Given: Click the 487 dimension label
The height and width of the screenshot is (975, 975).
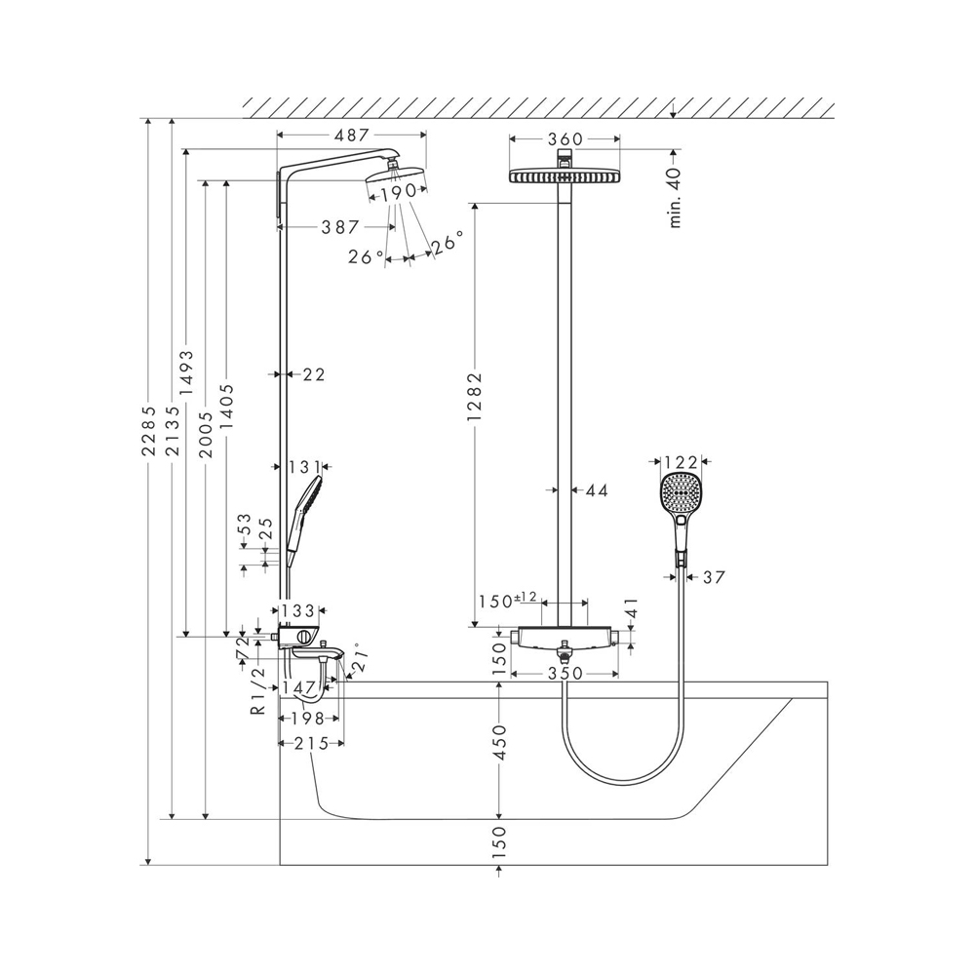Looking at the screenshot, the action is pyautogui.click(x=351, y=135).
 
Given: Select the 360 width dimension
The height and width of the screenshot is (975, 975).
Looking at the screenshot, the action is pyautogui.click(x=565, y=139).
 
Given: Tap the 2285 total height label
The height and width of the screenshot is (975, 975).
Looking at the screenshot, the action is pyautogui.click(x=149, y=431).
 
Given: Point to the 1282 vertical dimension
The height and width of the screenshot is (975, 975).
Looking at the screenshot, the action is pyautogui.click(x=476, y=396).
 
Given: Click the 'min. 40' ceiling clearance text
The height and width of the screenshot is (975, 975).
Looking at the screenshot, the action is pyautogui.click(x=676, y=197).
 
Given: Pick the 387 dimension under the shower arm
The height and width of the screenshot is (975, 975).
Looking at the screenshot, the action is pyautogui.click(x=340, y=227).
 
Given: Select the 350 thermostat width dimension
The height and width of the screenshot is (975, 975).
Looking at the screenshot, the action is pyautogui.click(x=565, y=674).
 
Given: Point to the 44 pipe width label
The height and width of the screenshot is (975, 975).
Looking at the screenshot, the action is pyautogui.click(x=597, y=490).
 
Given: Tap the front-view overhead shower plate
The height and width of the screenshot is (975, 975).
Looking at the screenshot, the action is pyautogui.click(x=565, y=175).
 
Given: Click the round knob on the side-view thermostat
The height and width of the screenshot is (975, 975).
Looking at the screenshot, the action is pyautogui.click(x=304, y=636).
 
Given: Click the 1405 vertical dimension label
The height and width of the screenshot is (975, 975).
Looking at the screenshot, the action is pyautogui.click(x=227, y=407).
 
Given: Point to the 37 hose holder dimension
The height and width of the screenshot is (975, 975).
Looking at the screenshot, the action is pyautogui.click(x=714, y=577).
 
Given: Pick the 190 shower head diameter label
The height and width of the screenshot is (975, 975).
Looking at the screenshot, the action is pyautogui.click(x=398, y=193).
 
